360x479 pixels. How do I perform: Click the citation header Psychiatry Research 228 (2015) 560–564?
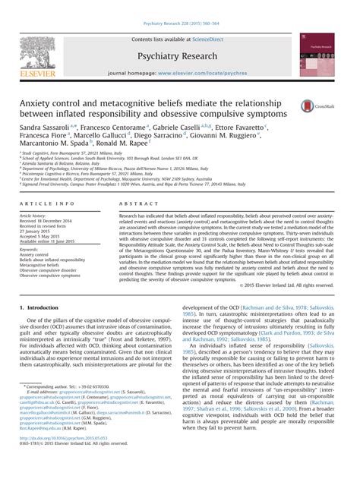[x=179, y=5]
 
